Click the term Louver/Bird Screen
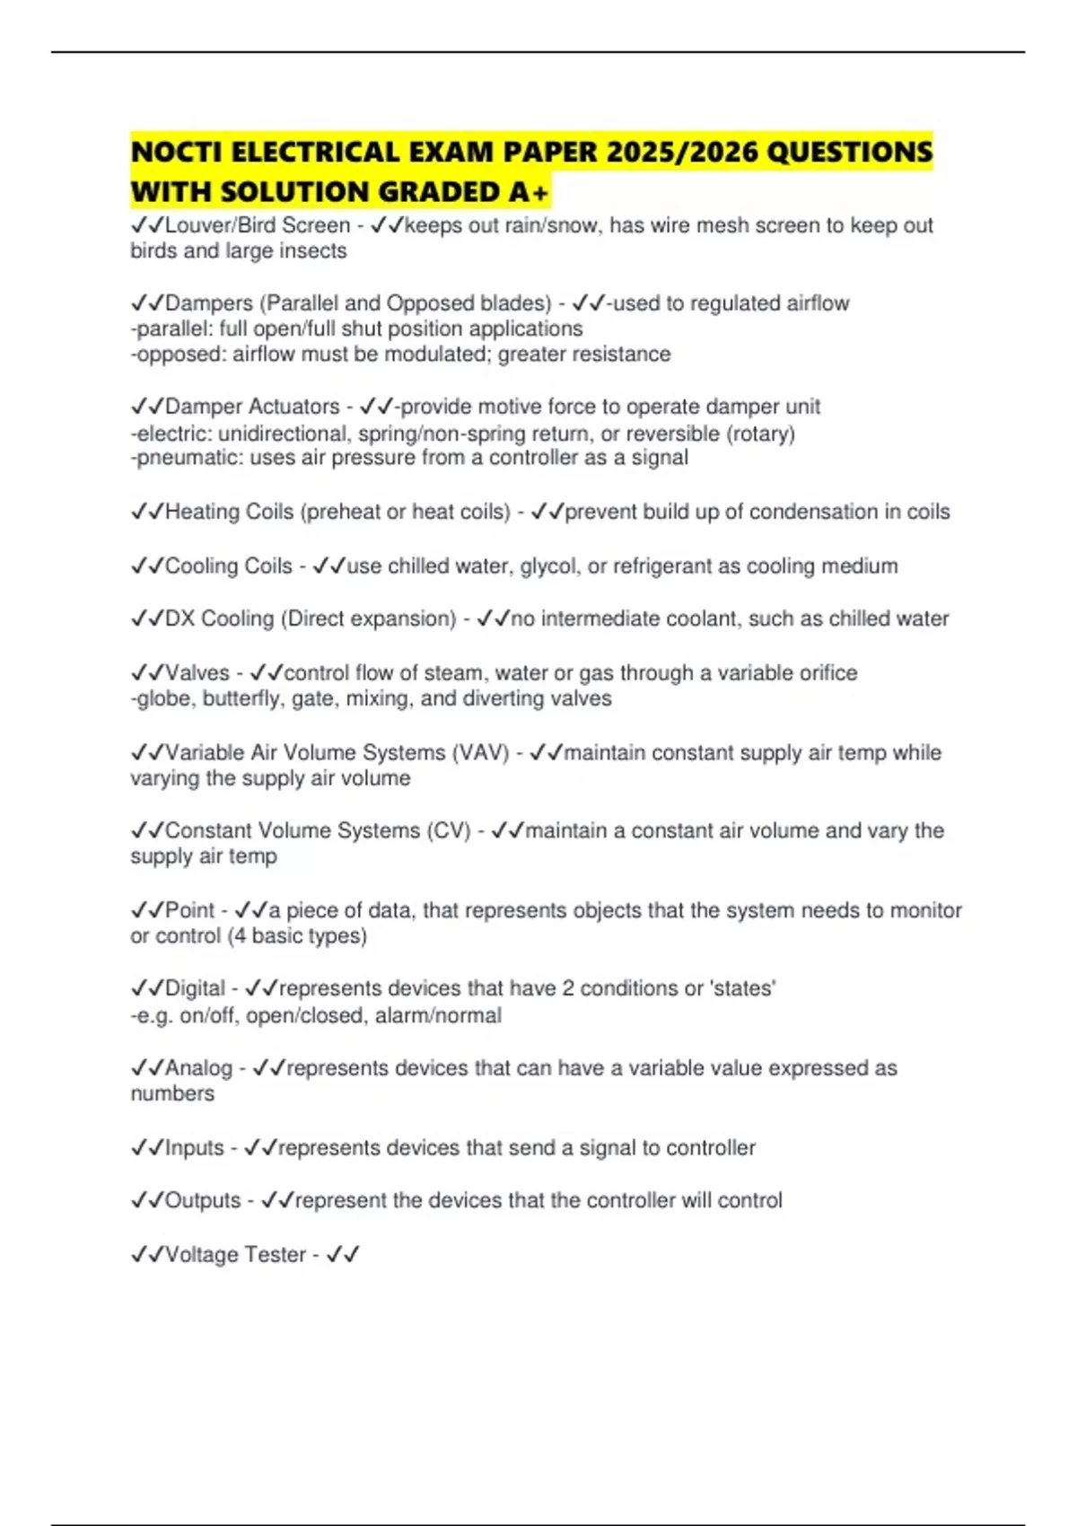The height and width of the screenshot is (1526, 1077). pos(258,225)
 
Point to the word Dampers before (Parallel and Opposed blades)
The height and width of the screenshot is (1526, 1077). pos(209,303)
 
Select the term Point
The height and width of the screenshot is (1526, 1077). pos(189,910)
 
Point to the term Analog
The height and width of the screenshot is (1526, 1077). pos(198,1068)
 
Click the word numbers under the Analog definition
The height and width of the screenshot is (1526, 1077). pos(172,1093)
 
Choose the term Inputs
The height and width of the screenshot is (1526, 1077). pos(194,1148)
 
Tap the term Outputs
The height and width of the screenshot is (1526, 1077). pos(202,1200)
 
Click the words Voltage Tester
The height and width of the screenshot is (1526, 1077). pos(235,1254)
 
